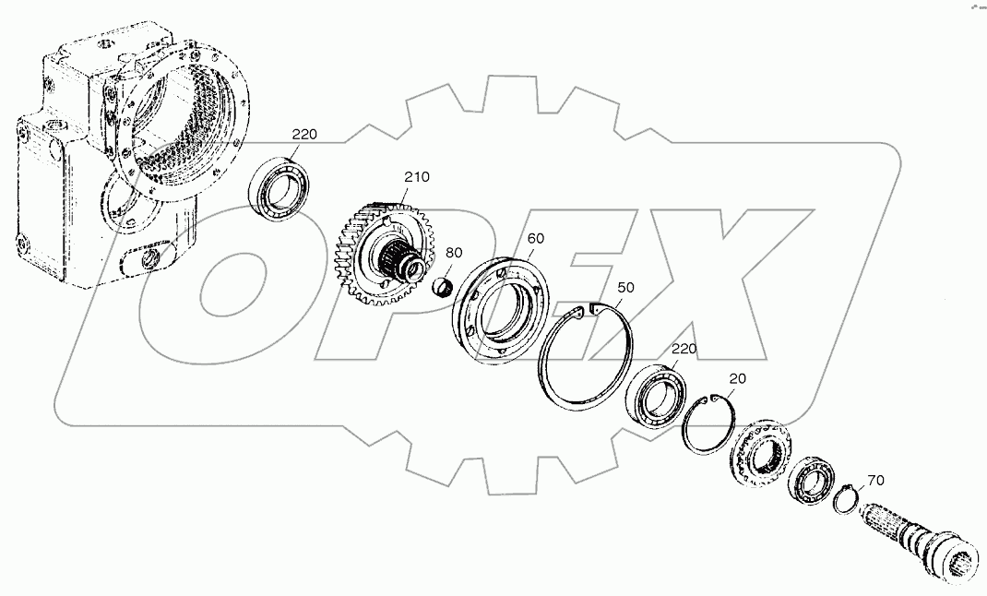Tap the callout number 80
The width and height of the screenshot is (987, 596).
tap(454, 252)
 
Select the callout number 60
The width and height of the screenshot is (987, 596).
tap(535, 238)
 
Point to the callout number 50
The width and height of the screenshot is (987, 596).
tap(625, 288)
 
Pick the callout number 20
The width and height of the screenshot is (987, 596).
tap(737, 378)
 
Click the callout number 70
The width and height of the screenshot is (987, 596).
tap(874, 480)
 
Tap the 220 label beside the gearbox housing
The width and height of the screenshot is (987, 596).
tap(304, 135)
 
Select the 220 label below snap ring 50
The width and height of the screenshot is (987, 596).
tap(684, 349)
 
